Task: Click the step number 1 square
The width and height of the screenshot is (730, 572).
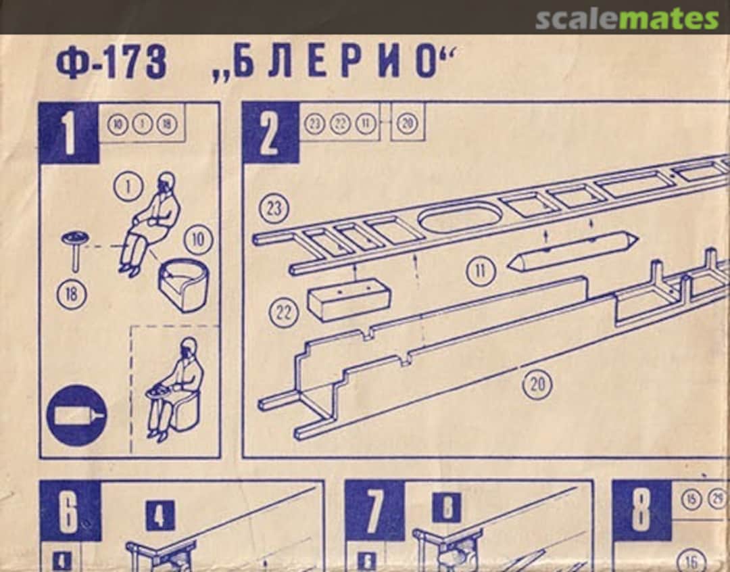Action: [x=69, y=133]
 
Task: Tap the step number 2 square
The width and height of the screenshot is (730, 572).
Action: [x=270, y=133]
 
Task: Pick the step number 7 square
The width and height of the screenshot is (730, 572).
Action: [x=374, y=510]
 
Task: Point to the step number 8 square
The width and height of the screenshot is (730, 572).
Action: [x=641, y=510]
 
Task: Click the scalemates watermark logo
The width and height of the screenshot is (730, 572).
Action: [x=627, y=19]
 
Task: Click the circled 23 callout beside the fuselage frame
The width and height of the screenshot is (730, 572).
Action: [x=274, y=209]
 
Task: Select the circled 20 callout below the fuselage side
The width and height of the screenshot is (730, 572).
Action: [x=537, y=384]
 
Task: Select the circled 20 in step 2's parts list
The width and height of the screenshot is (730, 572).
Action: [x=407, y=123]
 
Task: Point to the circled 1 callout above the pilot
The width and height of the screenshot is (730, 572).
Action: [x=126, y=187]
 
